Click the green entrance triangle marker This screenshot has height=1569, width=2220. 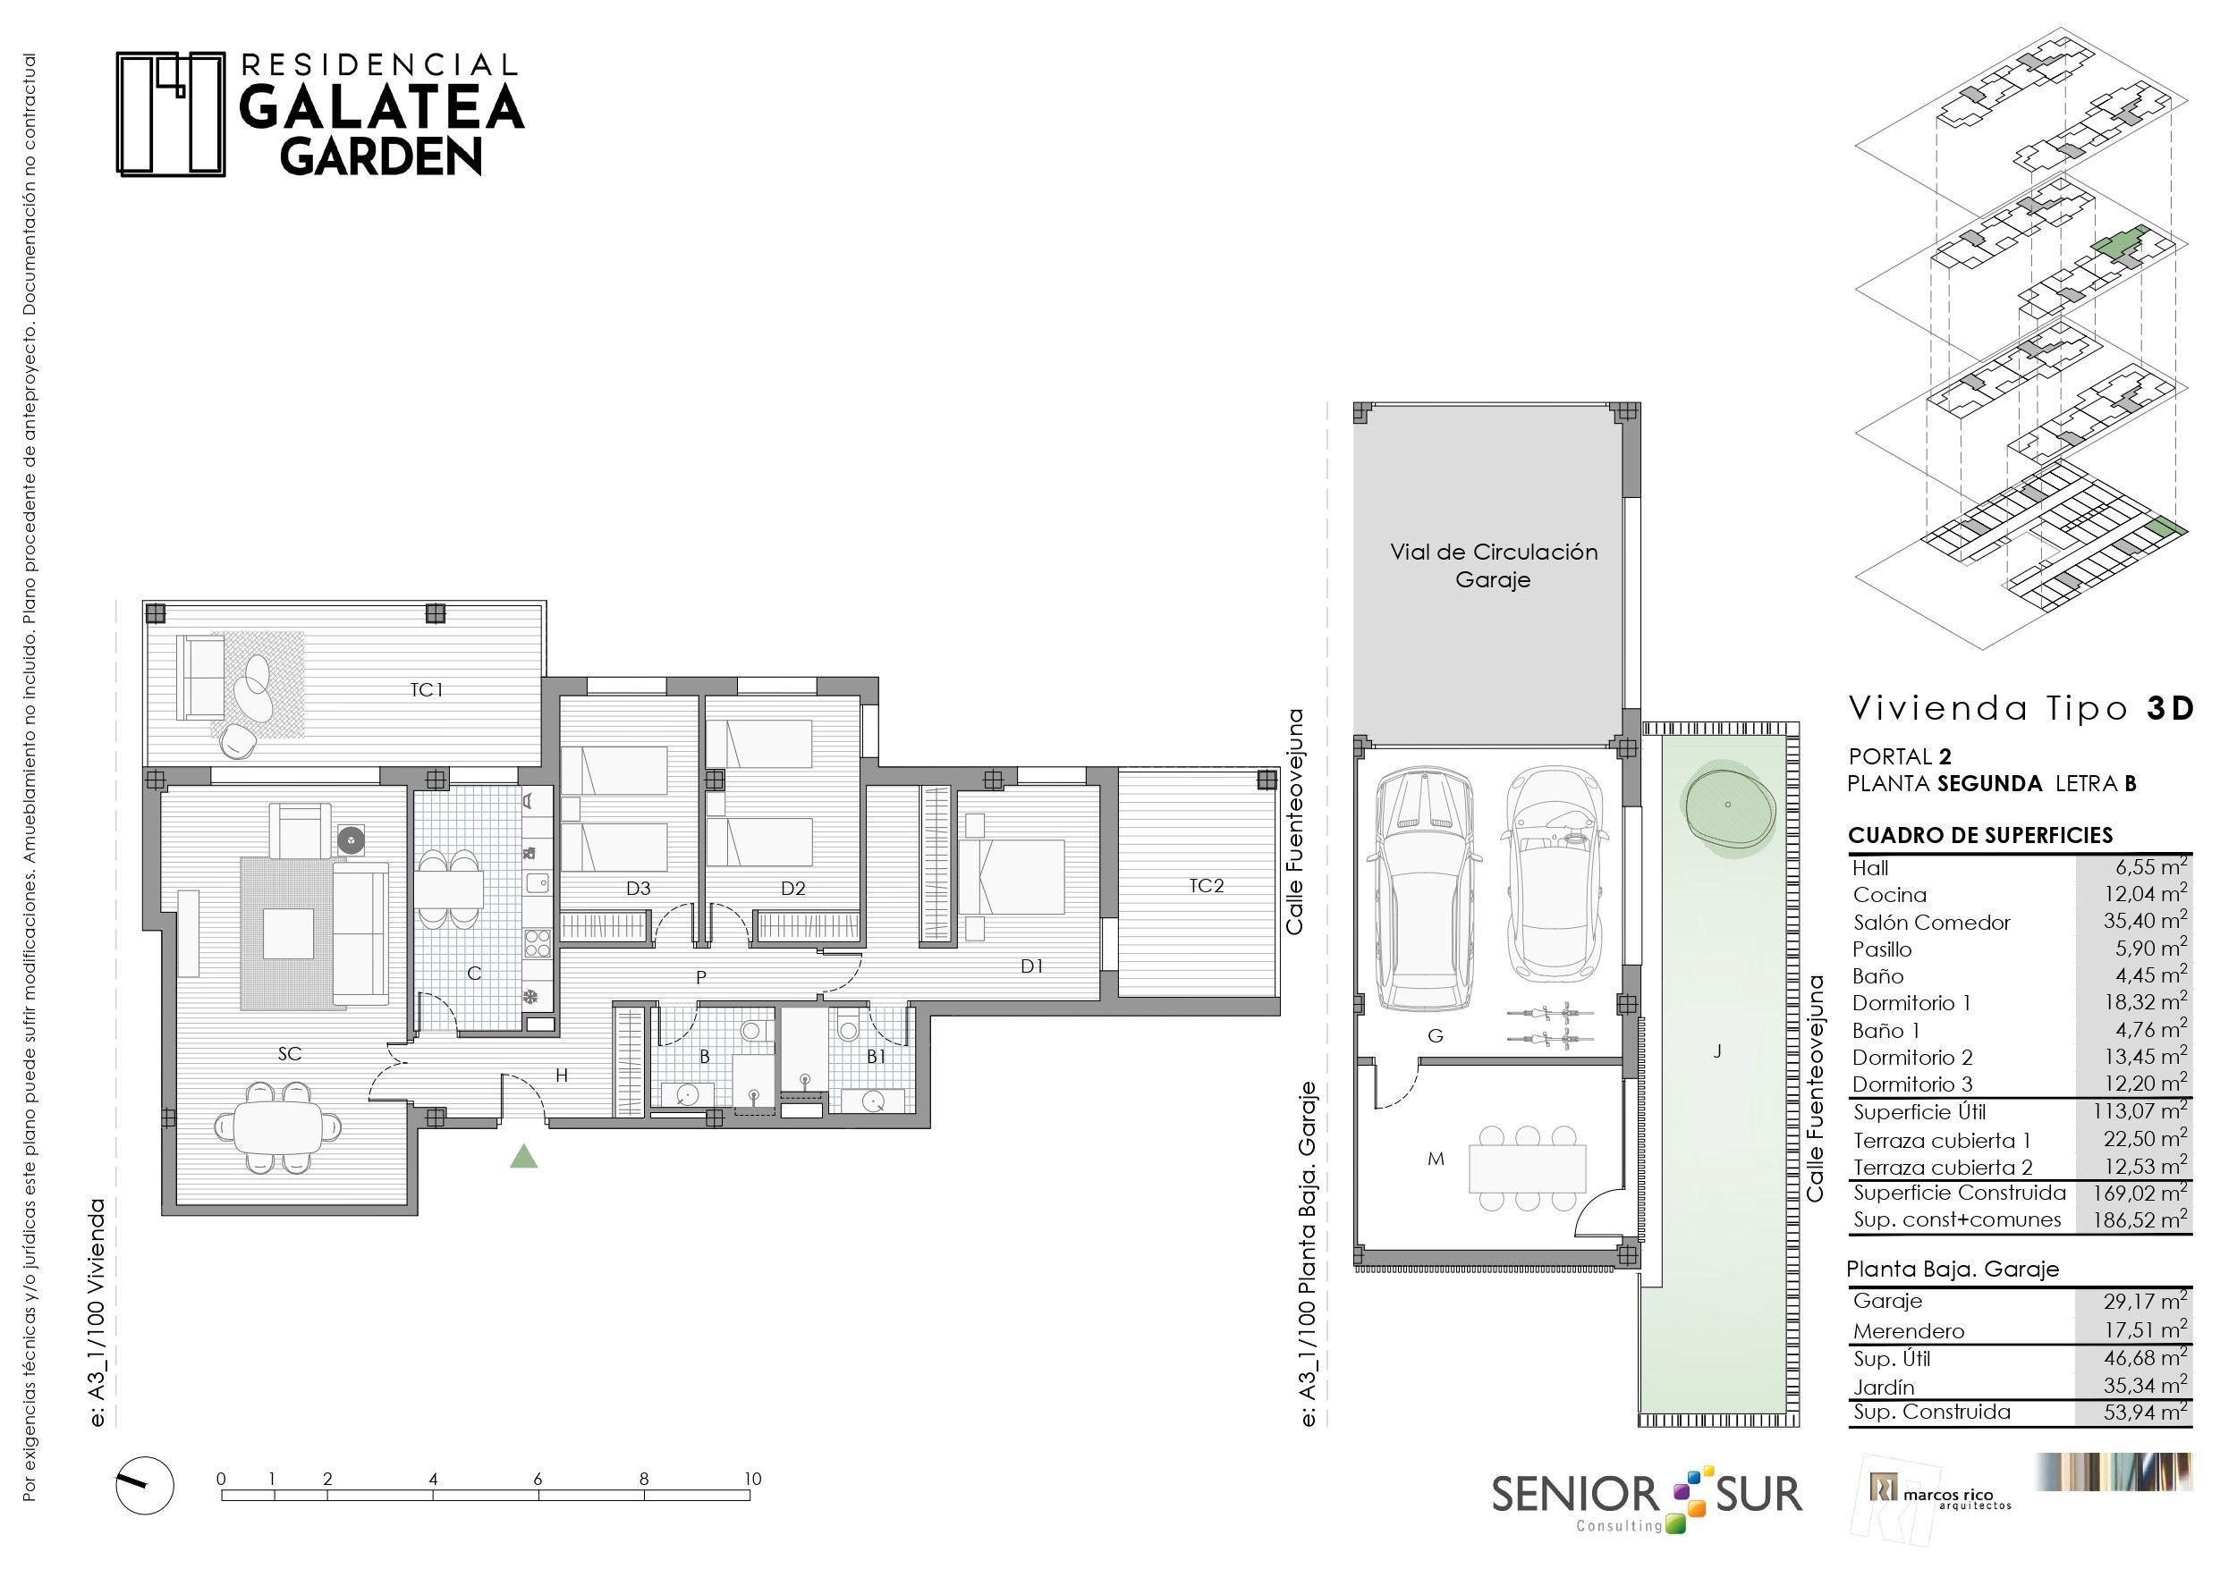pos(524,1156)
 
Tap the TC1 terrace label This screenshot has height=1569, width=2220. pos(427,689)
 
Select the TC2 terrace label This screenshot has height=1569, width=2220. pos(1207,885)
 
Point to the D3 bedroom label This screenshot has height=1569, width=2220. pos(638,889)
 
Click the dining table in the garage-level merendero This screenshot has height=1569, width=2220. pos(1528,1168)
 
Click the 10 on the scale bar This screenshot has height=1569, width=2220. pos(752,1478)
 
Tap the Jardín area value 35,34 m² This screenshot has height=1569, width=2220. pos(2146,1386)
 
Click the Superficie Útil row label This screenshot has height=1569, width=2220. pos(1919,1112)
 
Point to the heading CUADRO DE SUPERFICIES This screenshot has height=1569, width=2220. pos(1980,835)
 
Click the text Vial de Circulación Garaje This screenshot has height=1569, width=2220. pos(1494,566)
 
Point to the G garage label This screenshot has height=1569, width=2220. pos(1436,1036)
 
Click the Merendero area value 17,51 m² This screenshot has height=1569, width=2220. pos(2146,1330)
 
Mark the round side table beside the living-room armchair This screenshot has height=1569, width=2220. pos(351,840)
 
